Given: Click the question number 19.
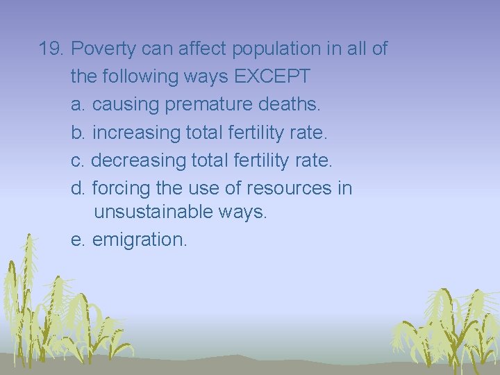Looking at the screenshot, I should tap(51, 49).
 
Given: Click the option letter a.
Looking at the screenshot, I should tap(78, 105).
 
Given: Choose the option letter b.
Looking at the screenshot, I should tap(78, 133).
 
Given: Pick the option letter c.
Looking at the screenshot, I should tap(77, 160).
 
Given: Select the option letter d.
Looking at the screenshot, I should tap(78, 188).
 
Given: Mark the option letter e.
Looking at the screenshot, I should tap(78, 240).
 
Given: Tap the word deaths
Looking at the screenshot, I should tap(290, 105).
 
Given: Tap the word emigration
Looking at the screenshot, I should tap(140, 240).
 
